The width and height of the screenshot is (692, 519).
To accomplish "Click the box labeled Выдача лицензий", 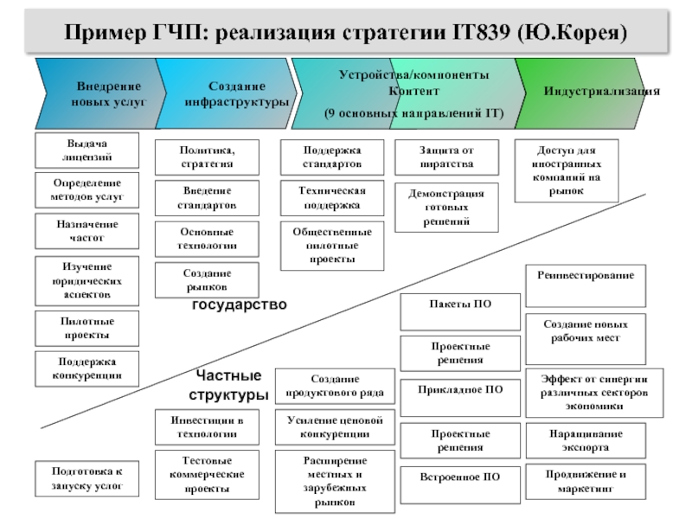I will coord(86,150).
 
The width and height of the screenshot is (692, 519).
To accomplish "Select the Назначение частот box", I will coord(86,231).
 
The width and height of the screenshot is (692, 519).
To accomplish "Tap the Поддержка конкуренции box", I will coord(86,368).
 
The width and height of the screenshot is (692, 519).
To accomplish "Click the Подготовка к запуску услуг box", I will coord(86,479).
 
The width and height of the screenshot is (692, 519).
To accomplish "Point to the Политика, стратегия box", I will coord(207,157).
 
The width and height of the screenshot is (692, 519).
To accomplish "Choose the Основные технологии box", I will coord(207,240).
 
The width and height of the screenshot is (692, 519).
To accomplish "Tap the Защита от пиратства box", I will coord(446,157).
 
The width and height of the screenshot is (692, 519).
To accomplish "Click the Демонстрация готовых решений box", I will coord(446,208).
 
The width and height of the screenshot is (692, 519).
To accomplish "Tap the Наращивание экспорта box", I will coord(586,440).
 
